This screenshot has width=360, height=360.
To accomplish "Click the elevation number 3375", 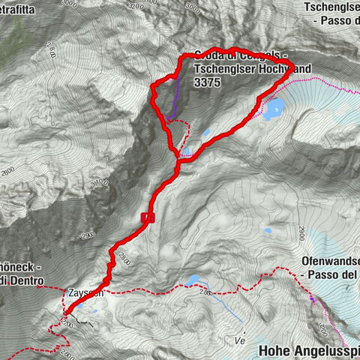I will [206, 84].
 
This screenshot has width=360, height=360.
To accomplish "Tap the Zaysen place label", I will [85, 293].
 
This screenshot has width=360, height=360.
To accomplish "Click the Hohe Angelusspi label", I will [308, 349].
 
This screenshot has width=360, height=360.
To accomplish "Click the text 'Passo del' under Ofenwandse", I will [331, 274].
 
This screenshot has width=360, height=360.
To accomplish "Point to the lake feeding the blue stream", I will [193, 281].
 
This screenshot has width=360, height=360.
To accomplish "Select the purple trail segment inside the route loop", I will [175, 97].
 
